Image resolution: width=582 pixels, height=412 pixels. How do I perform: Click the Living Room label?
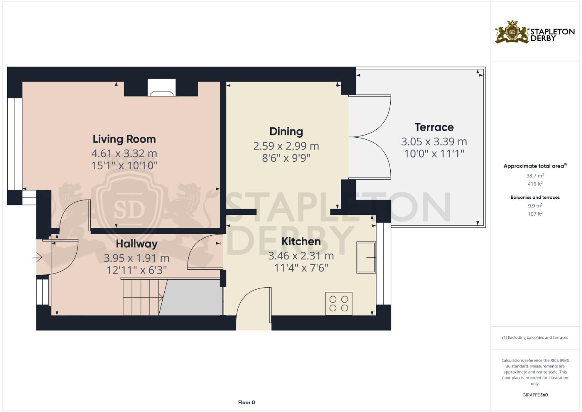[124, 139]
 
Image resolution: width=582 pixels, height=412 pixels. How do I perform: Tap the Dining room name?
[286, 132]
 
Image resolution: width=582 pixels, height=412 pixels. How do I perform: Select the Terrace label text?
[434, 127]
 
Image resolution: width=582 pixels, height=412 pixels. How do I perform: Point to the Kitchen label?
[301, 241]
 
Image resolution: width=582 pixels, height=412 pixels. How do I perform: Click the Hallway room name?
[136, 244]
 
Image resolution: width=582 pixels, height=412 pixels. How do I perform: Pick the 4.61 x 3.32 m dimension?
[124, 153]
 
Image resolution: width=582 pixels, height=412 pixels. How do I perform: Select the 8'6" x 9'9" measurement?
[286, 158]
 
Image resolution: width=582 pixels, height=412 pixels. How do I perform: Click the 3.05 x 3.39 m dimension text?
[434, 142]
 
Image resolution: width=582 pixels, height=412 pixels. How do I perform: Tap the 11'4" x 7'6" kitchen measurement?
[301, 268]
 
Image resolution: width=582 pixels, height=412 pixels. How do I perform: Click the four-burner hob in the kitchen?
[338, 304]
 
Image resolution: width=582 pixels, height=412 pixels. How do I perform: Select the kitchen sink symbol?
[366, 257]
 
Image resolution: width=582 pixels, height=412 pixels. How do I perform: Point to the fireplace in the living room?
[162, 88]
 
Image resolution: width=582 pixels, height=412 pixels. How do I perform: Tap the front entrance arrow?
[37, 258]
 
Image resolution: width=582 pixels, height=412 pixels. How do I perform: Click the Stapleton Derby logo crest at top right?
[512, 32]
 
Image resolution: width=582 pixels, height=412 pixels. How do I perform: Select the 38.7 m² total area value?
[535, 176]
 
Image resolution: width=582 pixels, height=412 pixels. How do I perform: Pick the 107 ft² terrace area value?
[535, 214]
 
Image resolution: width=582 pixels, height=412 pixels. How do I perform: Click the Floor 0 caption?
[246, 402]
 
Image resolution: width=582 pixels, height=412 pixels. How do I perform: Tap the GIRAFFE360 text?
[535, 395]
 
